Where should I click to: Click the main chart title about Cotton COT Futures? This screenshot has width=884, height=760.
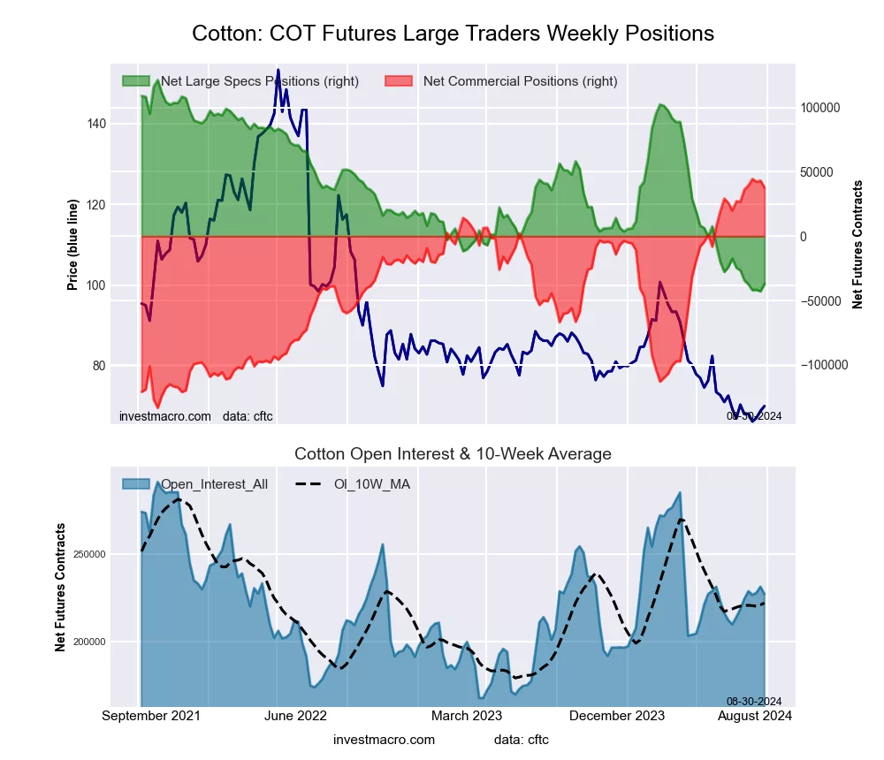453,34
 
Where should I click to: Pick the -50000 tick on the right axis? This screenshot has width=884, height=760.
821,301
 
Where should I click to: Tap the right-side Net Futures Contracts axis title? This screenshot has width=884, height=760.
857,244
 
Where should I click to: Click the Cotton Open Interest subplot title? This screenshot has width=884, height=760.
453,454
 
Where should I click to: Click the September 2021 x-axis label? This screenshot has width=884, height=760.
151,716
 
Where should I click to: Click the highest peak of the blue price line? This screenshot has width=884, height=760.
278,70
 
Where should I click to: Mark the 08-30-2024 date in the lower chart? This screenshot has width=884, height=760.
754,701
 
